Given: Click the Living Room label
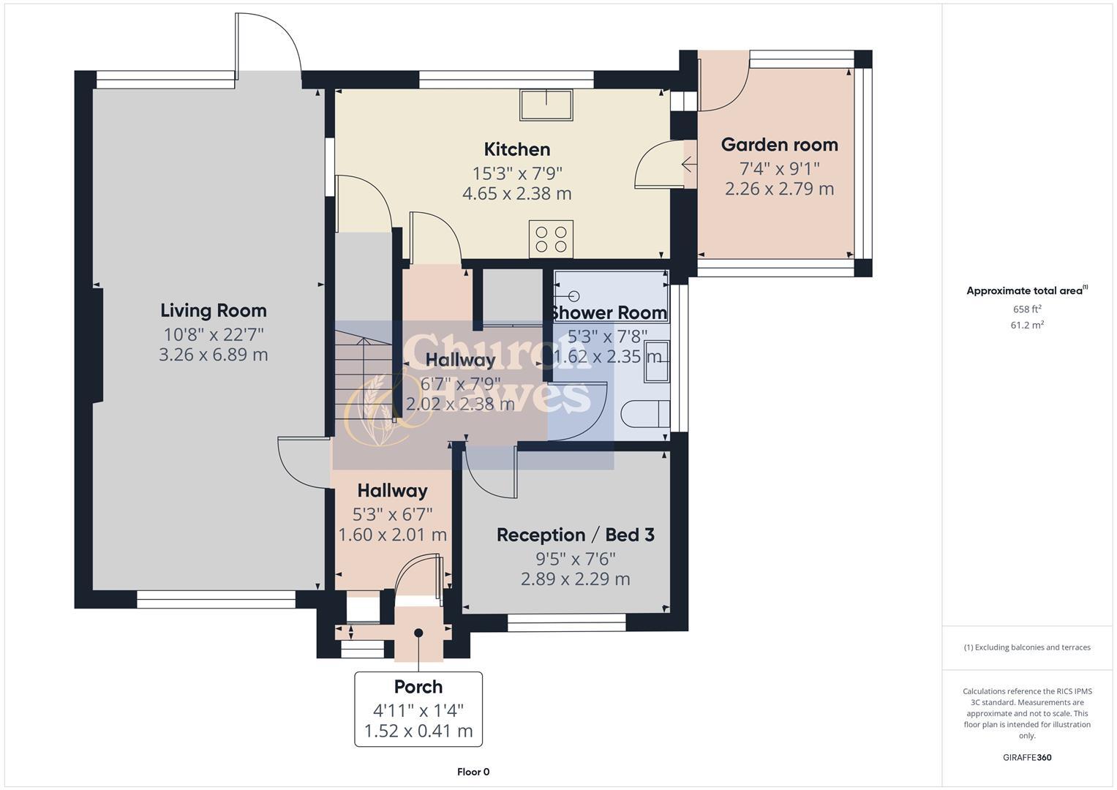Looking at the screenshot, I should [x=213, y=311].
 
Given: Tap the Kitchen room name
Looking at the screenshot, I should [x=516, y=149].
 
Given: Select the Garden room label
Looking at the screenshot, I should [x=779, y=145].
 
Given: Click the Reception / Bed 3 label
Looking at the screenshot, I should [x=575, y=535].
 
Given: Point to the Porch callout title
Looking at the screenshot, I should [x=418, y=687].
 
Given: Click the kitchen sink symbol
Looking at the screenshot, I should [x=546, y=105].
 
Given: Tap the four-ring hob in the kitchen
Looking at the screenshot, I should [x=551, y=239].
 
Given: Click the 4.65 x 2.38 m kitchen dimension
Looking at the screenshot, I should [x=516, y=194].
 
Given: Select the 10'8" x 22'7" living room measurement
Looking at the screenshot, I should [x=213, y=335].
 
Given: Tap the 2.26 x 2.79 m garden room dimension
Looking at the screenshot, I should [x=779, y=189].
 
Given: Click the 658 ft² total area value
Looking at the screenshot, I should [x=1026, y=309].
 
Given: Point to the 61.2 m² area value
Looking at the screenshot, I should [x=1026, y=326].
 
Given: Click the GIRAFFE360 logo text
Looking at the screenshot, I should [x=1026, y=757].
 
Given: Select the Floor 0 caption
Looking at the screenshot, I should [x=473, y=772].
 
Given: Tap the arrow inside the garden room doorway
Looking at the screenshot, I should [x=688, y=165].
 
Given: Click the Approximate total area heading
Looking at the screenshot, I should [x=1026, y=290].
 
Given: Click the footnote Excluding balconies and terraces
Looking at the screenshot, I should [x=1026, y=647].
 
